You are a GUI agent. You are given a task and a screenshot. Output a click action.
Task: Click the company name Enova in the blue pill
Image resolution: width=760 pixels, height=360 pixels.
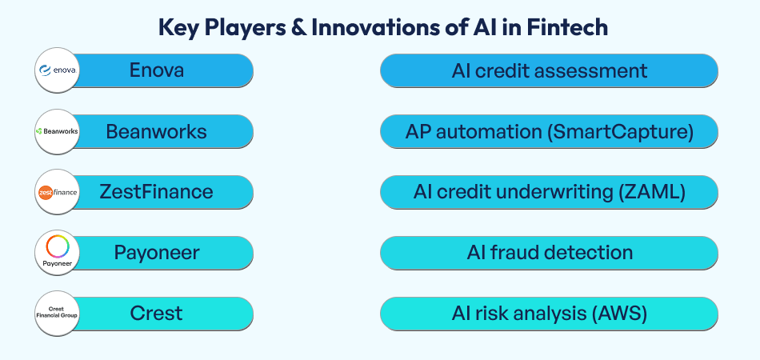[x=157, y=70]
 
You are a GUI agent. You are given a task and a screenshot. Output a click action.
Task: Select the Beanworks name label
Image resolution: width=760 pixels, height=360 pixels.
[x=156, y=131]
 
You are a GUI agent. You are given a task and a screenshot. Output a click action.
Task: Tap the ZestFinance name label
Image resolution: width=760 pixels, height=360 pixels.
[x=156, y=192]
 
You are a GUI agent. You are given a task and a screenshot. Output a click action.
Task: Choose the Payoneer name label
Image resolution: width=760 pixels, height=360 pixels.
[x=156, y=253]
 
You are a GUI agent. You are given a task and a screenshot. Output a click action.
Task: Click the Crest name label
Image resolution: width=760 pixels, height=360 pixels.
[x=156, y=314]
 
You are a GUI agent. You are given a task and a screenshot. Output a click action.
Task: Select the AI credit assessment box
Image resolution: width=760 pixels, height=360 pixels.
[x=549, y=70]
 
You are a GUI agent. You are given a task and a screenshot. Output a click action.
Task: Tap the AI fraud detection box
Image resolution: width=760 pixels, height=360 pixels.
[x=549, y=253]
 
